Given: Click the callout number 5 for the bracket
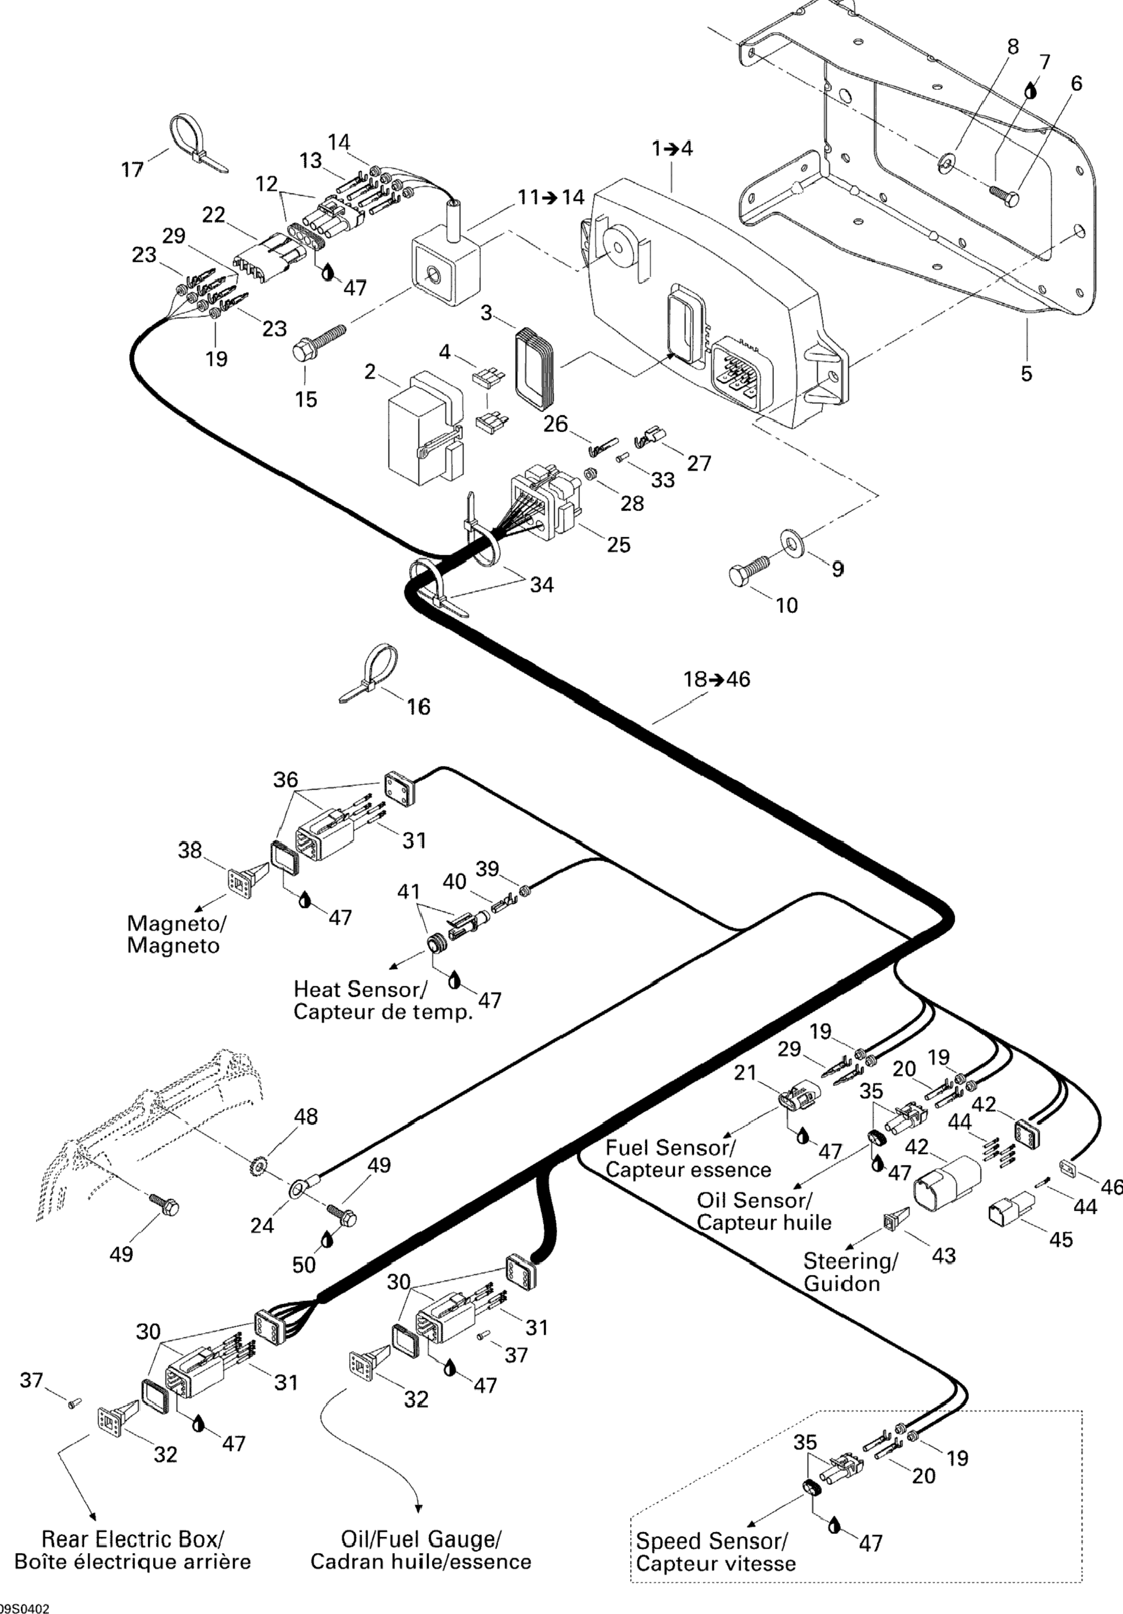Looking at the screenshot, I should [x=1027, y=373].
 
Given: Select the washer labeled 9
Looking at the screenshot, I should [x=792, y=543].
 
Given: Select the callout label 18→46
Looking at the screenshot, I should [x=717, y=679].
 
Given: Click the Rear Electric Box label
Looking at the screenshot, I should [x=133, y=1539].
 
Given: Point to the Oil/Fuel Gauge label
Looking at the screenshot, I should [x=420, y=1539].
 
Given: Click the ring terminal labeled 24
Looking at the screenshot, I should [x=298, y=1189].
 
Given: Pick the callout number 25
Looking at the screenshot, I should [x=619, y=544].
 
